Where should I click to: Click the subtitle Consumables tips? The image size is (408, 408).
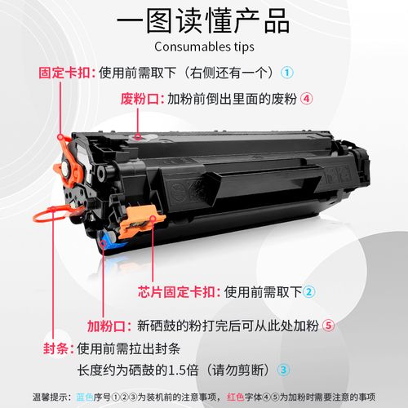click(204, 47)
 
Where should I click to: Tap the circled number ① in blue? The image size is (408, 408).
click(287, 71)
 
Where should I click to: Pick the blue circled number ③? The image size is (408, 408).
click(283, 369)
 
